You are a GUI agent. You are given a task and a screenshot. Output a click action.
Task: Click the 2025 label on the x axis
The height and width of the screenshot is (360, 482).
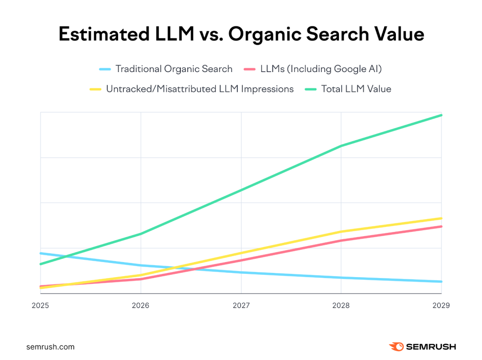40,305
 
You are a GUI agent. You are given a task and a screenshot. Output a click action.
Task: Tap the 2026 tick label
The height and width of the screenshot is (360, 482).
141,305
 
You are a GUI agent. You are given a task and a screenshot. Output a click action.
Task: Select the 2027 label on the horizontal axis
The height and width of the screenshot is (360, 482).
241,305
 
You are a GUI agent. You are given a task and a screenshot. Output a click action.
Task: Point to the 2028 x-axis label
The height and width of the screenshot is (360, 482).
341,305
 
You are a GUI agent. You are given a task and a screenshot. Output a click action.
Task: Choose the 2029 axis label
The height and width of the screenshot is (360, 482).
441,305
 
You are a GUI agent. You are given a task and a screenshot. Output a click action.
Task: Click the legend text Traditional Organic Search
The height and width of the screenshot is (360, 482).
174,69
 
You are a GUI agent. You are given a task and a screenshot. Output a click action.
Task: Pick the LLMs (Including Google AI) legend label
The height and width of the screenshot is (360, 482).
321,69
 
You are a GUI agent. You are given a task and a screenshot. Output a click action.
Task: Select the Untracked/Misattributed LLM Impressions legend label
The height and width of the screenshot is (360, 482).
200,88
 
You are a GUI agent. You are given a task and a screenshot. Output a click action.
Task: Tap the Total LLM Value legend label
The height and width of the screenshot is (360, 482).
356,88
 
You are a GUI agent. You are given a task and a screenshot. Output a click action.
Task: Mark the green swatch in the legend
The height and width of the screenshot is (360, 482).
310,89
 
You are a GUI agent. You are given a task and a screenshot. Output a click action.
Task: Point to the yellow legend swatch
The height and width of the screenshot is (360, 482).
96,89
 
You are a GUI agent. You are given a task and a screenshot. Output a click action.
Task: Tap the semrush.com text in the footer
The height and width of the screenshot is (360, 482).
50,347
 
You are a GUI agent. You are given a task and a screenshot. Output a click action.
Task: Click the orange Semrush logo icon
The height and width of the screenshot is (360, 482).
396,347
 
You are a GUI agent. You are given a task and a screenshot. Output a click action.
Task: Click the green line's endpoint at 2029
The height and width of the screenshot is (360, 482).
442,115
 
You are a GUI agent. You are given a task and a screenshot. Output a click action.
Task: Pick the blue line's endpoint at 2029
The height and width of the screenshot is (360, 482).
442,281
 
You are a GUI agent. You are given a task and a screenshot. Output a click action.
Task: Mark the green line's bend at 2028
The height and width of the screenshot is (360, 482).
341,146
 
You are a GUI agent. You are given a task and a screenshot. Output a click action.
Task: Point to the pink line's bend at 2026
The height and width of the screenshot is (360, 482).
141,279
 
